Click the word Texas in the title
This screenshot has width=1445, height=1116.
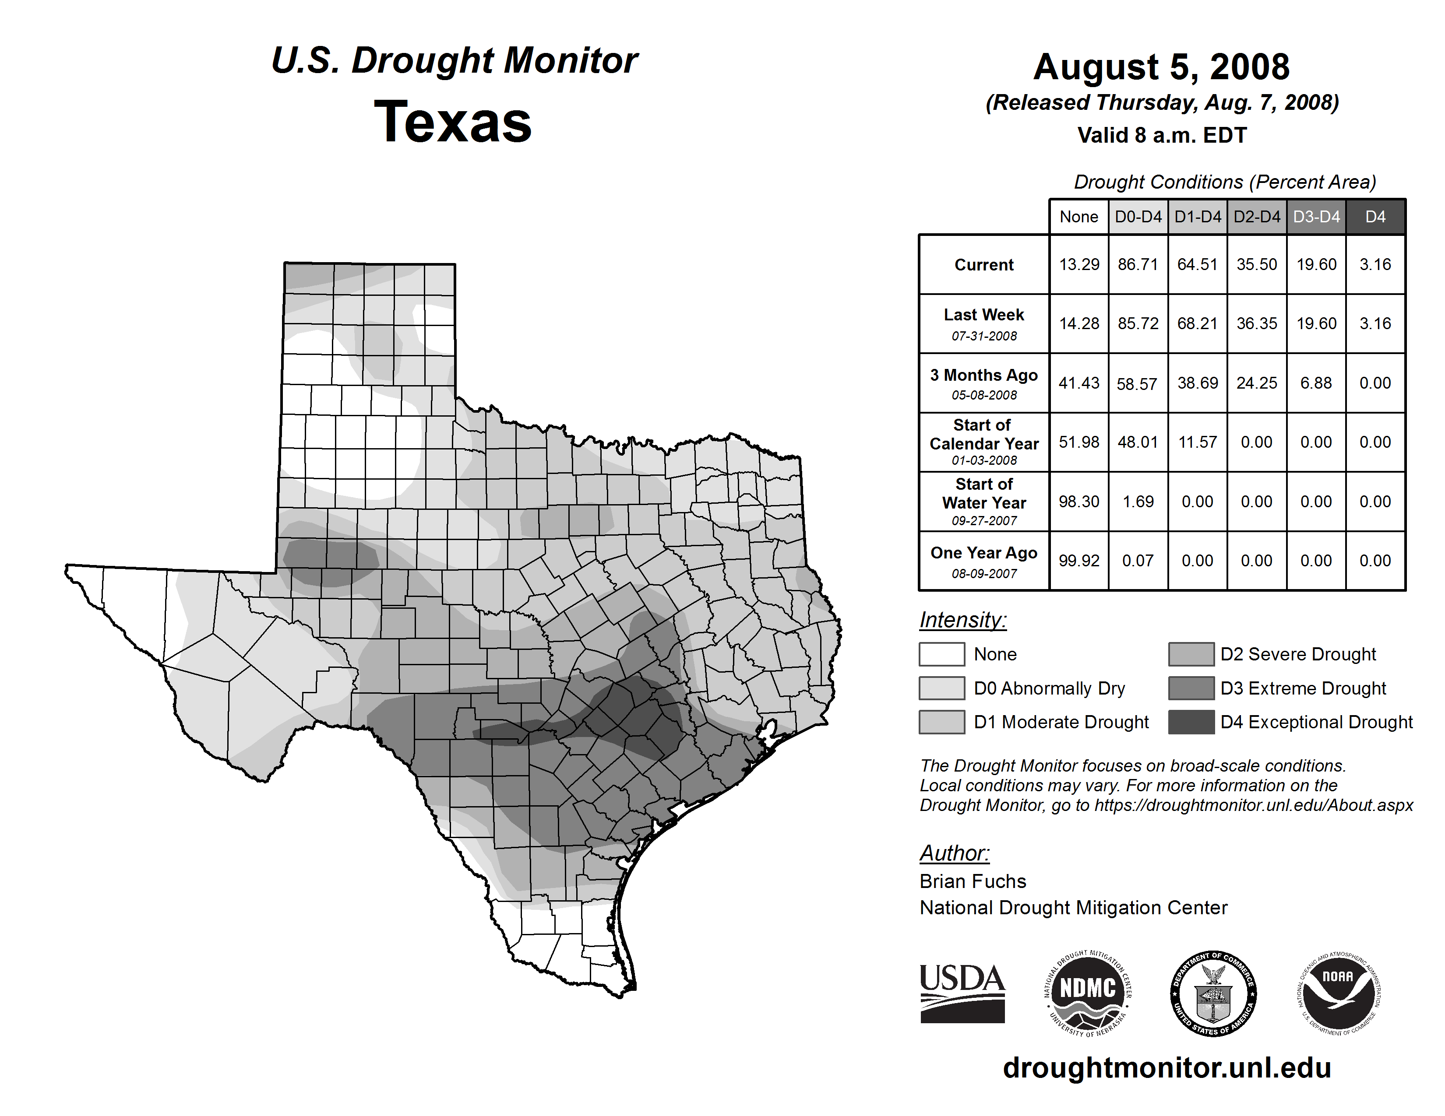point(453,122)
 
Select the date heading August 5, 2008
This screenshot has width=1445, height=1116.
point(1161,67)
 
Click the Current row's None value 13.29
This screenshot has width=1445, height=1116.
point(1078,264)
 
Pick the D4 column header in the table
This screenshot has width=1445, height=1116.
point(1375,217)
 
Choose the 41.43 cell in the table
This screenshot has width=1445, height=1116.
point(1078,383)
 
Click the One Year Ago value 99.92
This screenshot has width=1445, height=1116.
point(1078,561)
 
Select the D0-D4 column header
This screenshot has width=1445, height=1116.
point(1138,217)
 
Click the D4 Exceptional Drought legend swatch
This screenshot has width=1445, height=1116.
point(1191,722)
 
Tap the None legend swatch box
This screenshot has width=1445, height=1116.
point(941,654)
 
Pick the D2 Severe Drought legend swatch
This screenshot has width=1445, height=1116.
point(1191,654)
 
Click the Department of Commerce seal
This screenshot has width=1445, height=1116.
point(1213,993)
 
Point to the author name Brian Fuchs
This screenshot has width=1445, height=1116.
point(973,881)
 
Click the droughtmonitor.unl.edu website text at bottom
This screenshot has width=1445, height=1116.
point(1167,1068)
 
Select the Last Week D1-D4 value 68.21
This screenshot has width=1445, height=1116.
point(1197,324)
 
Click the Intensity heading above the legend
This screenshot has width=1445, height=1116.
point(962,620)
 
